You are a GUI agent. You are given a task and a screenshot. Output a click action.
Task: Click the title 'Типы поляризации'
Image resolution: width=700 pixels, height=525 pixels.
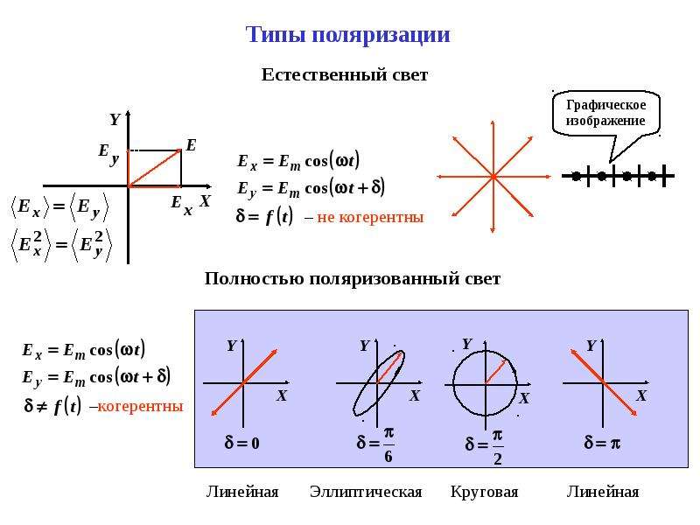[x=347, y=35]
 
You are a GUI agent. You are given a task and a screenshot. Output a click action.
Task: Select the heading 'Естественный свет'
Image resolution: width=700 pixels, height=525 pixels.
[x=344, y=74]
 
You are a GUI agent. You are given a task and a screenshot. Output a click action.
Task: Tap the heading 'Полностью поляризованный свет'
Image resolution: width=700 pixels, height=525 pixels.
[x=353, y=278]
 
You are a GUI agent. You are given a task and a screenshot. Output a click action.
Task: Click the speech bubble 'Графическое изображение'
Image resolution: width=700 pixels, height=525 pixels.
[x=605, y=113]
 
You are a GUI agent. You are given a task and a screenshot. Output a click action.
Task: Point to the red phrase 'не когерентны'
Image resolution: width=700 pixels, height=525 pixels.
[x=370, y=217]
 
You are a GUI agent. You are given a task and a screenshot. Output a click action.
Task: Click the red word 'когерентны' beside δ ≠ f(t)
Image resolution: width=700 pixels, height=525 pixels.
[x=140, y=406]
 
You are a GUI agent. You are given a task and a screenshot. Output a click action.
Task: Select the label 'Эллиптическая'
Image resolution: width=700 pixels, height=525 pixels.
[x=366, y=492]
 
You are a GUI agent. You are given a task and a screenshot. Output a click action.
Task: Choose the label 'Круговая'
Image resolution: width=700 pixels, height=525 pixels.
[x=485, y=492]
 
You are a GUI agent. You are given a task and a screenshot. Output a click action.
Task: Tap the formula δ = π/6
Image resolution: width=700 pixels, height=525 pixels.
[x=375, y=444]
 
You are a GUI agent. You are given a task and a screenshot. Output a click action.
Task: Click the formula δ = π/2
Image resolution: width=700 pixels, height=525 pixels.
[x=484, y=447]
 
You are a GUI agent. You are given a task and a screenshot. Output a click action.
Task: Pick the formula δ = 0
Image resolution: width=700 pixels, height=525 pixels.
[x=242, y=443]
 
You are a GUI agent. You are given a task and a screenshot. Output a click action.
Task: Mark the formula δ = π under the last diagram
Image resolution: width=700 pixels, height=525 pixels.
[x=602, y=443]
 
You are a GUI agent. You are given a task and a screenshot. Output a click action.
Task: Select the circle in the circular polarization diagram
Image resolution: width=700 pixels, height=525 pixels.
[x=453, y=383]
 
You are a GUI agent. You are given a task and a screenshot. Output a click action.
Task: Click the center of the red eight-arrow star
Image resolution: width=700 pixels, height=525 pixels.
[x=493, y=177]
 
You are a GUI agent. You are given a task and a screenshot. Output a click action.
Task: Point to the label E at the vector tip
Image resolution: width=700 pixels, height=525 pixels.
[x=191, y=145]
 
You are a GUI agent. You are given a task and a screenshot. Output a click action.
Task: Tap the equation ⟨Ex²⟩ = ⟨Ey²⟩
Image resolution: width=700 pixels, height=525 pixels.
[x=60, y=245]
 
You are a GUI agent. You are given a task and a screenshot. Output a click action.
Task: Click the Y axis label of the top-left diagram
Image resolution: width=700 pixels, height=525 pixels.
[x=115, y=119]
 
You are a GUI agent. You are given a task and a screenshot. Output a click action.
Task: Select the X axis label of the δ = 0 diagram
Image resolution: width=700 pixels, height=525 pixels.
[x=281, y=395]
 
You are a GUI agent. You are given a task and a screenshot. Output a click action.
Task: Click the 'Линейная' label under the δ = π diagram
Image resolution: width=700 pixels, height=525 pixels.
[x=603, y=492]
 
